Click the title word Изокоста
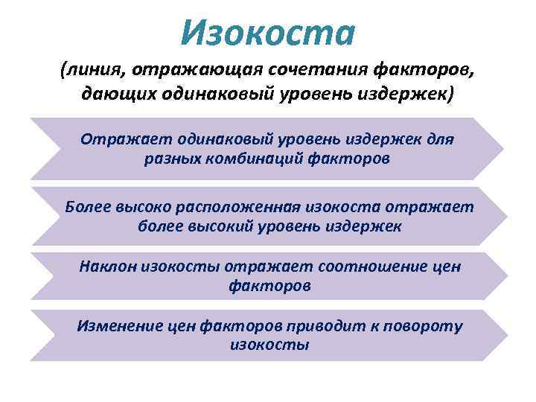click(x=269, y=31)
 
